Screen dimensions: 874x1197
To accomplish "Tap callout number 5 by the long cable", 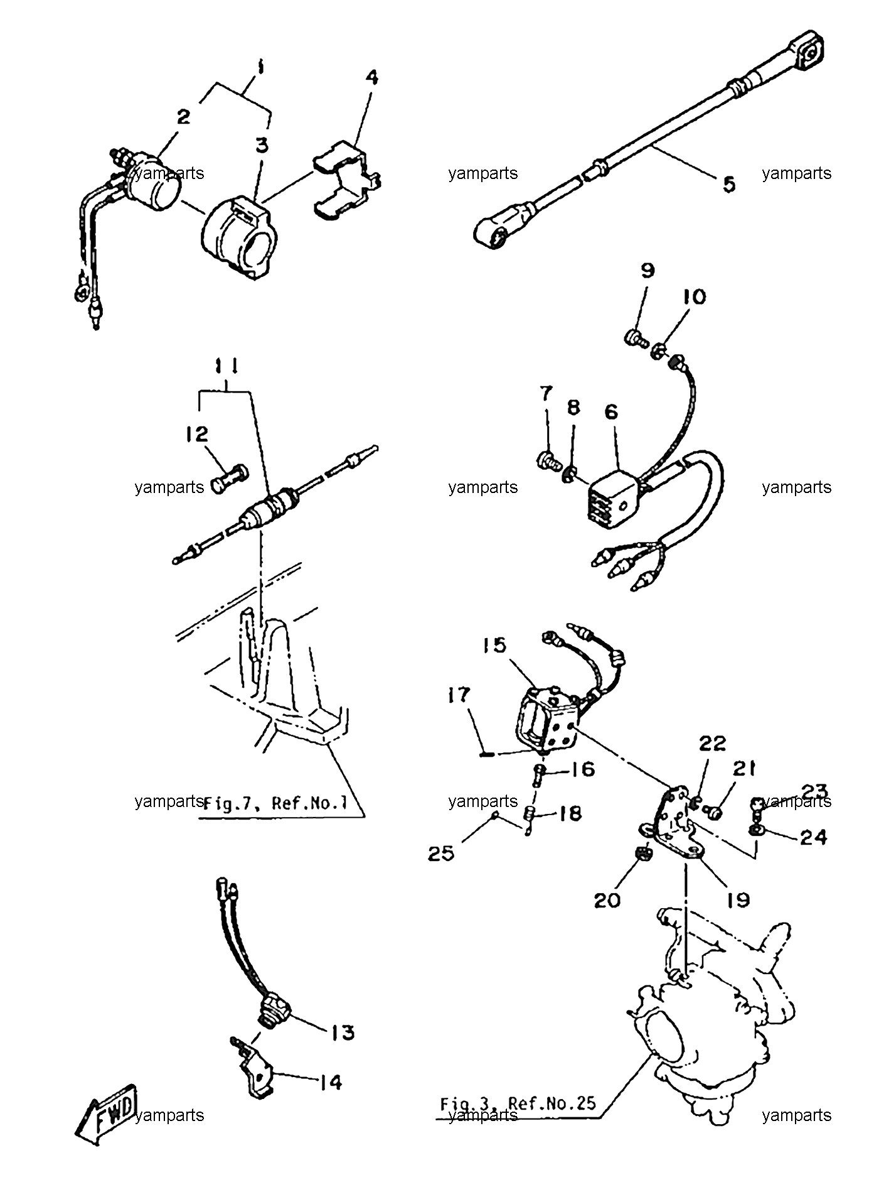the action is point(728,185).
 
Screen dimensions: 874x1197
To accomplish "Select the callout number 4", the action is point(371,79).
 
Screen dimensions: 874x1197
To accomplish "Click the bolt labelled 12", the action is point(230,479).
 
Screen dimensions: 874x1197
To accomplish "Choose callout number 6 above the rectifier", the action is point(611,412).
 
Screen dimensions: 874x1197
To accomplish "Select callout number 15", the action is point(495,645).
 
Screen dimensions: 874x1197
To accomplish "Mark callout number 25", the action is point(441,853).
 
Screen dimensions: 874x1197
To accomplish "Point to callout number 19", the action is point(738,899).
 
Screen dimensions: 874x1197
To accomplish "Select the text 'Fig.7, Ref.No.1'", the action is point(275,804).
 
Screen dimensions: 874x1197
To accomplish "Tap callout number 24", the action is point(813,837).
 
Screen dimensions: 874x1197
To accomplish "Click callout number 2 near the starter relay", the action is point(183,116).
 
